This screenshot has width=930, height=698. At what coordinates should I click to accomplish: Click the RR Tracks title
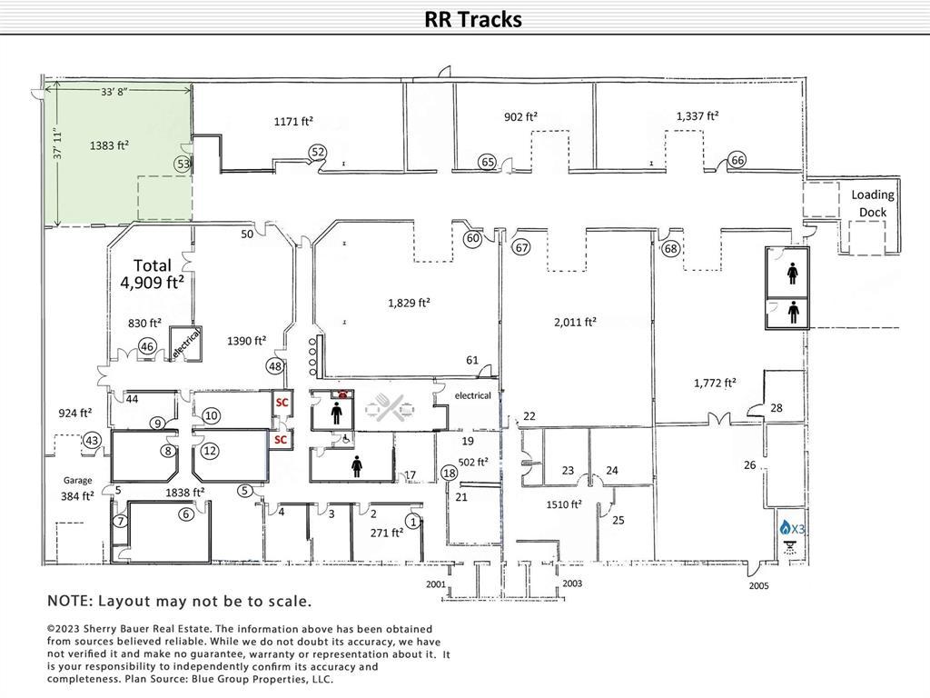pos(473,19)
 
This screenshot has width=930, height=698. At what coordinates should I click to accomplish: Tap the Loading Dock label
pos(872,204)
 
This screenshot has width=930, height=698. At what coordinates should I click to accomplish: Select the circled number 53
pos(183,164)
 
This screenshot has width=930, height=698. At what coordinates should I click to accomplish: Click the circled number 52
pos(318,152)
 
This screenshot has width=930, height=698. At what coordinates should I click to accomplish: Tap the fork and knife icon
pos(391,410)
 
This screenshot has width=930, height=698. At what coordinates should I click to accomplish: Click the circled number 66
pos(737,160)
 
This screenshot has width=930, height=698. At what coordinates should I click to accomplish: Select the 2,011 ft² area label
pos(576,322)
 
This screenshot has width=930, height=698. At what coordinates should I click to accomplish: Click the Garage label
pos(78,480)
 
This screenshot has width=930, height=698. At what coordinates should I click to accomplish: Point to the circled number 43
pos(92,440)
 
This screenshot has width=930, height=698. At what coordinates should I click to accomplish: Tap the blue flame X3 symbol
pos(792,528)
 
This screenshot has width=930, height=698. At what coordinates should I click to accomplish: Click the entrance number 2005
pos(758,586)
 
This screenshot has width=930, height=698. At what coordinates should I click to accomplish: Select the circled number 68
pos(671,248)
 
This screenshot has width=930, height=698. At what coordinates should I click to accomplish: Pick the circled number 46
pos(147,346)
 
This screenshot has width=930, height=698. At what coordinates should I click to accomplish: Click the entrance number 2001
pos(436,583)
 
